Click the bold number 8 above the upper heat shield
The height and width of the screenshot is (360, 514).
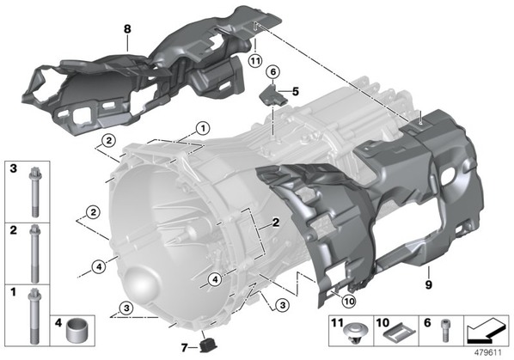click(127, 29)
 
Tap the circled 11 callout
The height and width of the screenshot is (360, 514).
click(255, 61)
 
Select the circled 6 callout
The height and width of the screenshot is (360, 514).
click(272, 71)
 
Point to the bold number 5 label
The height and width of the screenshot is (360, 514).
click(296, 91)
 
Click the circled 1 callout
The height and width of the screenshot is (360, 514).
click(203, 128)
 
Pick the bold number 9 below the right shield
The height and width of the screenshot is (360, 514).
click(428, 284)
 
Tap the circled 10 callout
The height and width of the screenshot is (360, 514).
click(350, 302)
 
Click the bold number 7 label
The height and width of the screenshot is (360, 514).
click(185, 348)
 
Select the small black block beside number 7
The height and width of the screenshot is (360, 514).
click(208, 345)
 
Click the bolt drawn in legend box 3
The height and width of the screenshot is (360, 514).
click(34, 192)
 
